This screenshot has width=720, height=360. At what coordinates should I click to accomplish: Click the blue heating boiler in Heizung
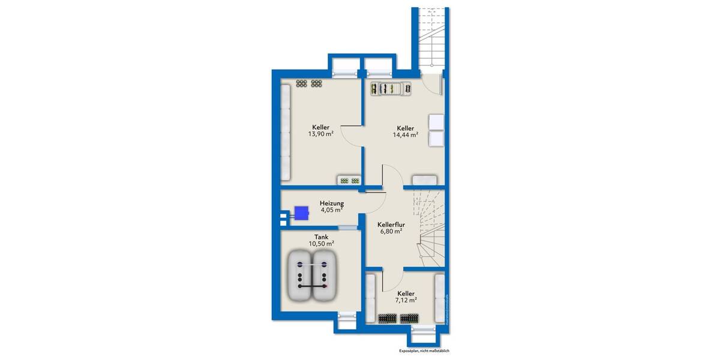pos(301,212)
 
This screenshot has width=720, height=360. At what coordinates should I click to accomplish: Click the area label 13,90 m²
pos(320,134)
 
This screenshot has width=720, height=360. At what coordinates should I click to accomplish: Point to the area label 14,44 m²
pos(405,136)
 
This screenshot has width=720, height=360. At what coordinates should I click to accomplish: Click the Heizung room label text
pos(332,203)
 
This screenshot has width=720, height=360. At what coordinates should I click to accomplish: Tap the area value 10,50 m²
pos(321,244)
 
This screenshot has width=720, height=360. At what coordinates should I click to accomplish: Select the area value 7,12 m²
pos(405,300)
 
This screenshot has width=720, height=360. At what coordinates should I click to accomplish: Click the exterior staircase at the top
pos(429,39)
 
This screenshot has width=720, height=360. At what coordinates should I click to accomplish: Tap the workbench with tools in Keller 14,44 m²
pos(391,89)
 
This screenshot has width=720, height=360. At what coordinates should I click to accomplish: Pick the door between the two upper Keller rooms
pos(353,137)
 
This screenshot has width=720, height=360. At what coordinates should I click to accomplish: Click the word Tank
pos(320,236)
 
